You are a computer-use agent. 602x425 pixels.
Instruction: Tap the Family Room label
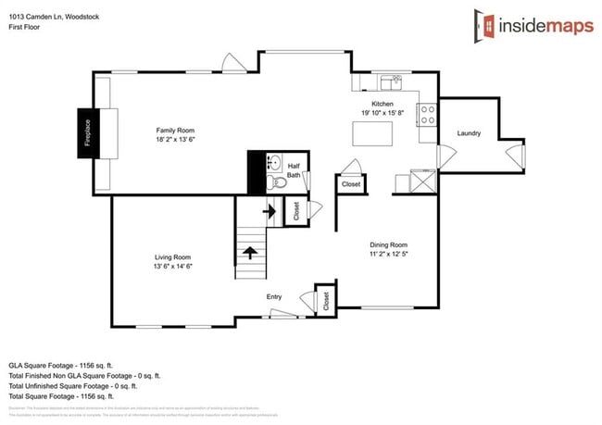(173, 131)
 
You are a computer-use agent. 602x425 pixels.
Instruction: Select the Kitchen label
(383, 104)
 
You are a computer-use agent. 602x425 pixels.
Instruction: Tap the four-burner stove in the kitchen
(429, 116)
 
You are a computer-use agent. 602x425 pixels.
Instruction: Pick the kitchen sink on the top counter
(395, 81)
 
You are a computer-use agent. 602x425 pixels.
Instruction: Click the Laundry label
(469, 133)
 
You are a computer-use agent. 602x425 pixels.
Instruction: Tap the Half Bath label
(293, 169)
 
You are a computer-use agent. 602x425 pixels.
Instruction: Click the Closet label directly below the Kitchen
(351, 184)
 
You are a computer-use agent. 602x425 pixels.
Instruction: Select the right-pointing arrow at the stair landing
(270, 211)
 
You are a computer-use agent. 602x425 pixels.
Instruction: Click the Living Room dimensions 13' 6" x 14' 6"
(173, 266)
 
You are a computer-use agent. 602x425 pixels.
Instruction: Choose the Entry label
(274, 296)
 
